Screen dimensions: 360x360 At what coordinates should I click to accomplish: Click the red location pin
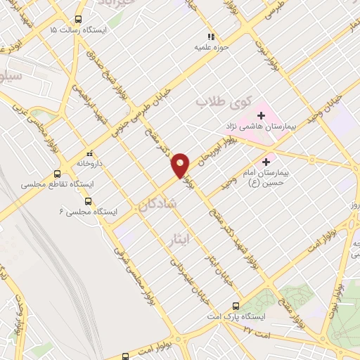point(181,165)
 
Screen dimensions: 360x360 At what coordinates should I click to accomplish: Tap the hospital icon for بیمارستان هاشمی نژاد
point(262,115)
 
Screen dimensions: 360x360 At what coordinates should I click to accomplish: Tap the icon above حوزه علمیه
point(210,36)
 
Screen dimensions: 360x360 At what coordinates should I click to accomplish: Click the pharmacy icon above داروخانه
point(89,153)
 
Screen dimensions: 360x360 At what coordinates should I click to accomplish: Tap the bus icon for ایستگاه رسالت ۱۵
point(79,20)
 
